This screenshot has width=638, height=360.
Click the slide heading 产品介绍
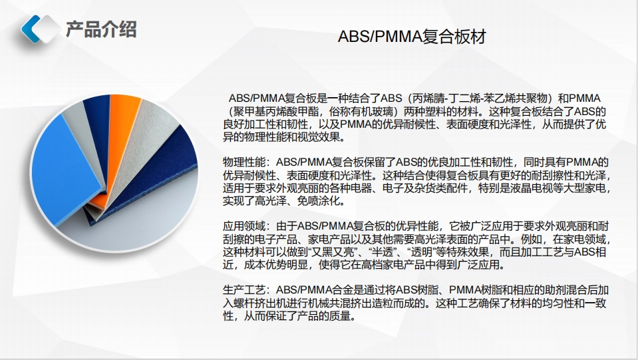[101, 29]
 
